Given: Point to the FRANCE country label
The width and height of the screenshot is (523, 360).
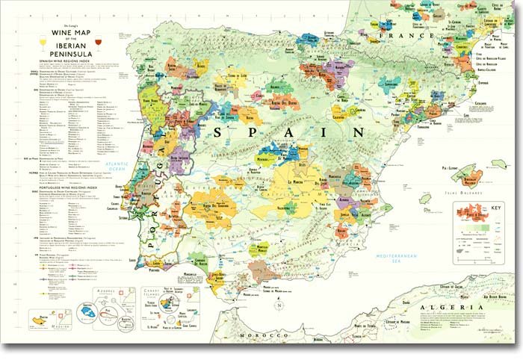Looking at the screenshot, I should click(407, 35).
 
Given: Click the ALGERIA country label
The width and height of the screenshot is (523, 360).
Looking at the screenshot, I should click(447, 308).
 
